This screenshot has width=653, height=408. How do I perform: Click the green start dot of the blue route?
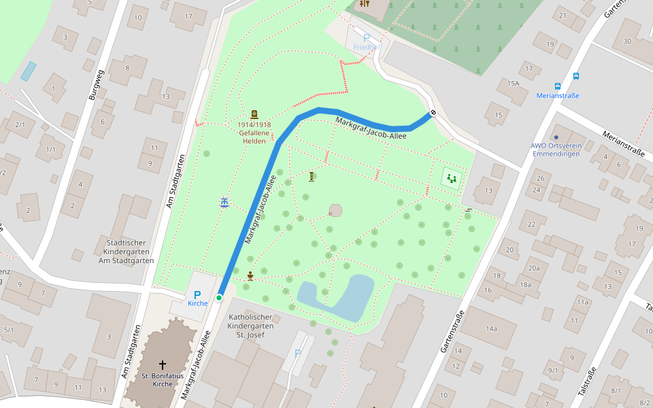coord(219,298)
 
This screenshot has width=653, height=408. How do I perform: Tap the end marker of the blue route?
coord(433,113)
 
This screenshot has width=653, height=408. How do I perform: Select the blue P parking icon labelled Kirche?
coord(197,295)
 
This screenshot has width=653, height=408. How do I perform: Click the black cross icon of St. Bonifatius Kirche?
coord(162,365)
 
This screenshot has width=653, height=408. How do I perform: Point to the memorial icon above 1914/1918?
coord(254,114)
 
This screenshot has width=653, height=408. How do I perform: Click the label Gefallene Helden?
coord(254,137)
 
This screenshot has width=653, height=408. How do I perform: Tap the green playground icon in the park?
coord(452,179)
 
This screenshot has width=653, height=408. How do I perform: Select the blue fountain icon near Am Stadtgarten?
coord(224,202)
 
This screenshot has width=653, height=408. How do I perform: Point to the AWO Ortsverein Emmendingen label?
coord(555,150)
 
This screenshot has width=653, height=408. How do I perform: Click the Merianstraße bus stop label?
coord(558,96)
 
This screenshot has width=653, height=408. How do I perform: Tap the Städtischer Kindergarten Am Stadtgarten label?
coord(126,252)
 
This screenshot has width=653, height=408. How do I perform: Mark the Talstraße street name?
coord(586,381)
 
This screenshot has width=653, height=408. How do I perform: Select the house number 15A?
coord(512,83)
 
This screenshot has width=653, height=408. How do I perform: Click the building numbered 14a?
coord(491,328)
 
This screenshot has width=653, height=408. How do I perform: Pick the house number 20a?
coord(533,268)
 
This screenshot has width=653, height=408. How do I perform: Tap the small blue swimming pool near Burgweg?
coord(28,71)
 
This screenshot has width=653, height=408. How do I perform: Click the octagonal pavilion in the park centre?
coord(335,210)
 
